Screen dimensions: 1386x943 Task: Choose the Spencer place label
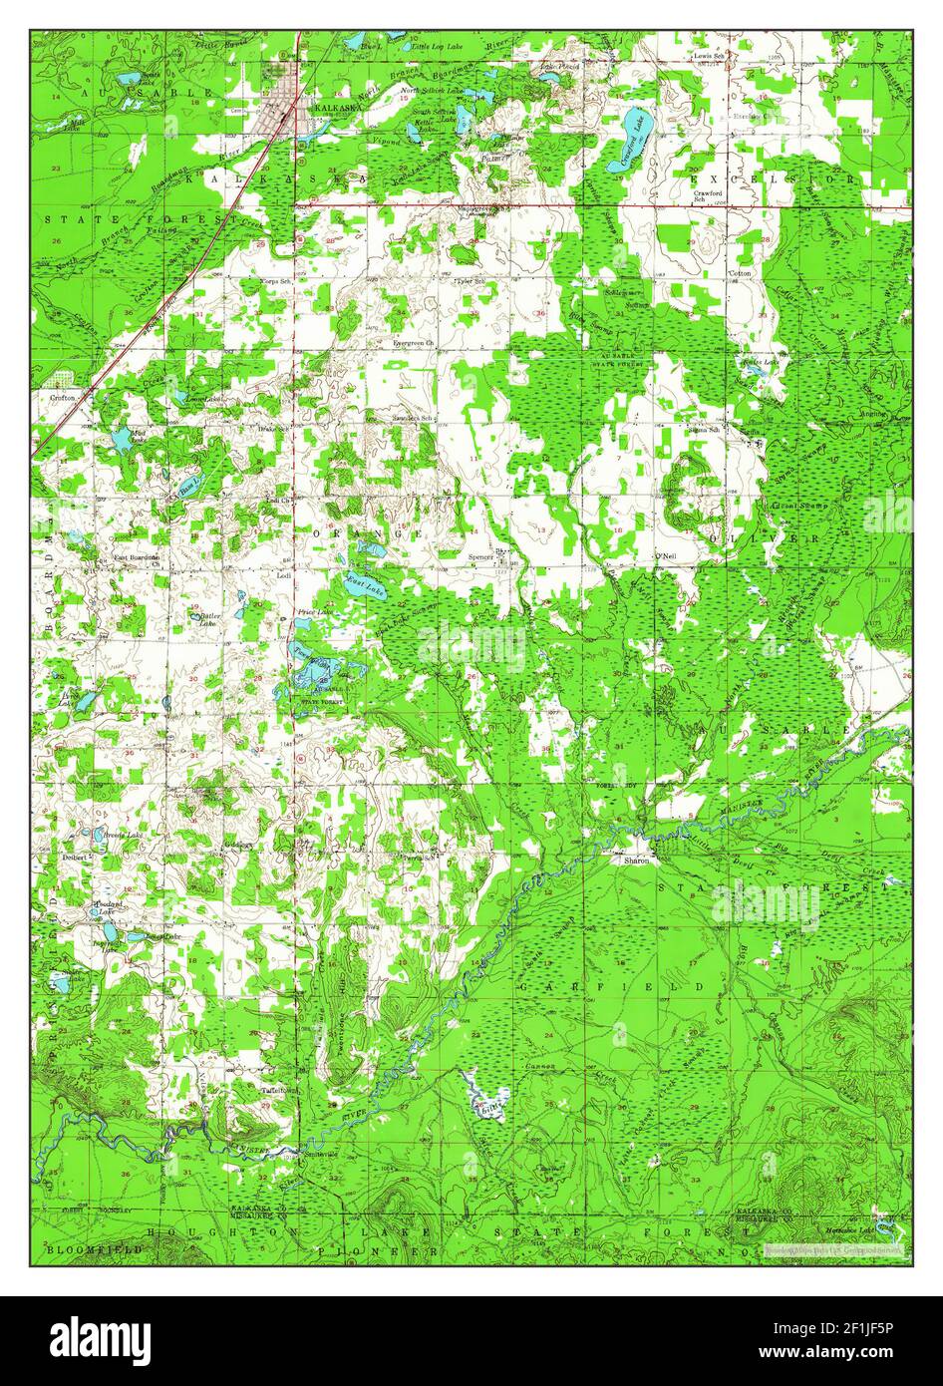[x=480, y=555]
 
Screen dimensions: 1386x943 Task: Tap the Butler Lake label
[x=209, y=620]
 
